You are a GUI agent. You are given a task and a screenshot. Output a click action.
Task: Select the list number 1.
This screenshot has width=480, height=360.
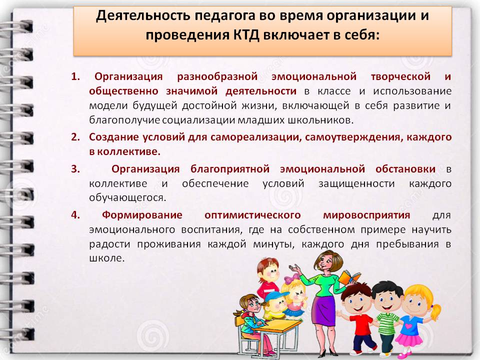point(75,76)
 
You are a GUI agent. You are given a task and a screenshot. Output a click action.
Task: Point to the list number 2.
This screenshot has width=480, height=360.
point(75,137)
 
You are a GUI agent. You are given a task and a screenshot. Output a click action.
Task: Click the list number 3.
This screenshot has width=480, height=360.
point(75,168)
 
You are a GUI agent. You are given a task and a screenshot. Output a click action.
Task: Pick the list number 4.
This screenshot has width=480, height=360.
point(75,214)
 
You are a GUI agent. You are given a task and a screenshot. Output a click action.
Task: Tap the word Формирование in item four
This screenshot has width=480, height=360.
point(142,215)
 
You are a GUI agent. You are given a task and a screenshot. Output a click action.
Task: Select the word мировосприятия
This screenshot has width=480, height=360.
point(366,215)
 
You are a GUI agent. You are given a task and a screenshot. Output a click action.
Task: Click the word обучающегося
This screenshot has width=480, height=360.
point(127,198)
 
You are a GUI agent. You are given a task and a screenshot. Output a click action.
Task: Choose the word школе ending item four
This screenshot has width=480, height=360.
point(107,258)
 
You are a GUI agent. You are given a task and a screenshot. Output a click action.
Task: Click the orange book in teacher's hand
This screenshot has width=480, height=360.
point(349,277)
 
